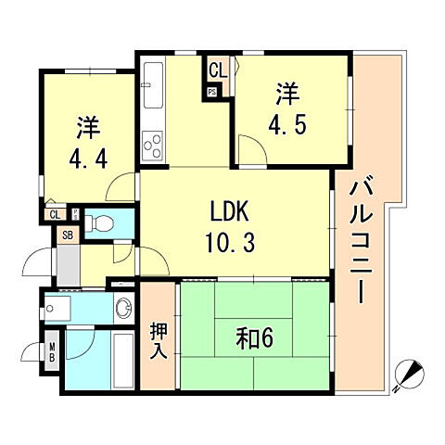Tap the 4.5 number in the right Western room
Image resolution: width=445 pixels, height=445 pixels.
tap(287, 122)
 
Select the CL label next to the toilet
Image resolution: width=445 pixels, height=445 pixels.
tap(57, 215)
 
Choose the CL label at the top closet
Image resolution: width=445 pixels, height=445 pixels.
tap(216, 68)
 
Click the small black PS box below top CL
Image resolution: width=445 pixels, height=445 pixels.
tap(212, 91)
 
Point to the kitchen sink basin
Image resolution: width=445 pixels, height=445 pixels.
tap(153, 79)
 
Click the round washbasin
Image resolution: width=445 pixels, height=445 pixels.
tap(122, 307)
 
